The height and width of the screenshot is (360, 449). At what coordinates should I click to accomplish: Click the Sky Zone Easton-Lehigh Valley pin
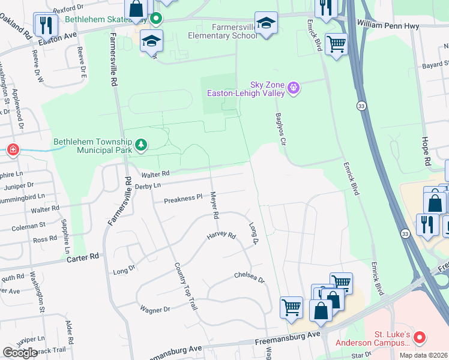pos(294,89)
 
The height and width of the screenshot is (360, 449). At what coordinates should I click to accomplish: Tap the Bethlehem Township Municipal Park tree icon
pos(141,145)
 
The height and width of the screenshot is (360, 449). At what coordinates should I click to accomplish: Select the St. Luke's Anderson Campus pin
pos(420,338)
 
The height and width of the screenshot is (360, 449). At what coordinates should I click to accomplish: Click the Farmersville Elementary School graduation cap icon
pos(266,24)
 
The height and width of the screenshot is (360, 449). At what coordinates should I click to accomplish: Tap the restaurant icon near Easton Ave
pos(45,25)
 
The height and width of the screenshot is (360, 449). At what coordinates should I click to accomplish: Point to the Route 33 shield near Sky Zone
pos(361,105)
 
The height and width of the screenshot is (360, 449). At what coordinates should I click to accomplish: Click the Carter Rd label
pos(82,256)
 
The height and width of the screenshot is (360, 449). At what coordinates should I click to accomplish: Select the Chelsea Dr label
pos(249,278)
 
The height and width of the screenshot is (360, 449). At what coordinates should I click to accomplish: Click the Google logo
pos(20,352)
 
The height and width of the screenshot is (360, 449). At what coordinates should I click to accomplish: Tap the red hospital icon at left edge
pos(12,149)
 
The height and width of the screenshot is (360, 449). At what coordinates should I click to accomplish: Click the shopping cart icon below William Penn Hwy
pos(336,44)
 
